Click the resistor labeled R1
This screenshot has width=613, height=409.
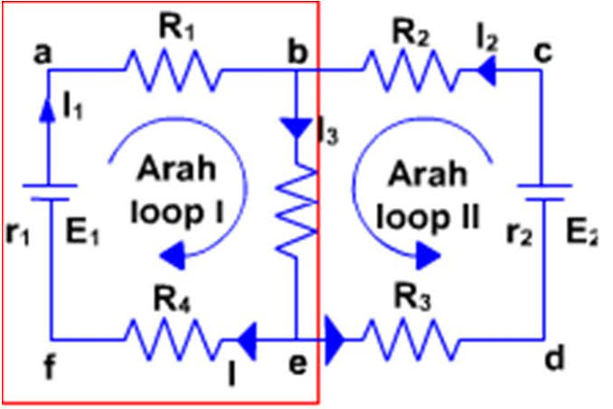pos(170,67)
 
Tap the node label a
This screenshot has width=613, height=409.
pos(42,53)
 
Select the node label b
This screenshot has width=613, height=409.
pos(295,52)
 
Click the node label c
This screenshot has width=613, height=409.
pos(543,52)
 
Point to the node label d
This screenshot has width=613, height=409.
pos(554,358)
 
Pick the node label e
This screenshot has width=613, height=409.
pos(297,364)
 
